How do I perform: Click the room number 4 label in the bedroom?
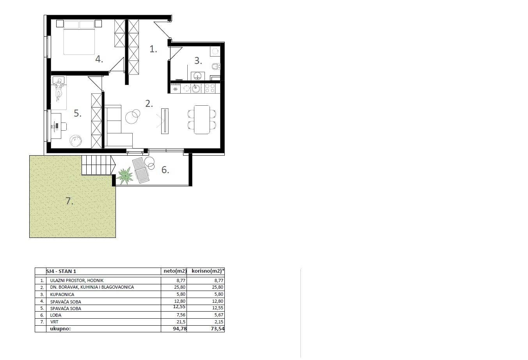coord(99,59)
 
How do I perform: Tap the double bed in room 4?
coord(79,37)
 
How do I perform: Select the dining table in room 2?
coord(202,119)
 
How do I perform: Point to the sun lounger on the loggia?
coord(141,170)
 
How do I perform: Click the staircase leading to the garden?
coord(98,165)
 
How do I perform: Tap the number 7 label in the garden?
coord(69,201)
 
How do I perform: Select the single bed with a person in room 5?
coord(59,93)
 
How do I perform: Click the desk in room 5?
coord(55,126)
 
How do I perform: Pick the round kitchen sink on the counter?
coord(196,89)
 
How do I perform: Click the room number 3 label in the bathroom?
coord(198,61)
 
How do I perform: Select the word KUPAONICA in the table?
coord(62,294)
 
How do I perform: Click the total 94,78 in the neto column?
coord(179,329)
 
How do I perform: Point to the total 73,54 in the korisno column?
coord(217,329)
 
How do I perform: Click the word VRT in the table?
coord(54,322)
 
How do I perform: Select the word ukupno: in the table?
coord(60,329)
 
